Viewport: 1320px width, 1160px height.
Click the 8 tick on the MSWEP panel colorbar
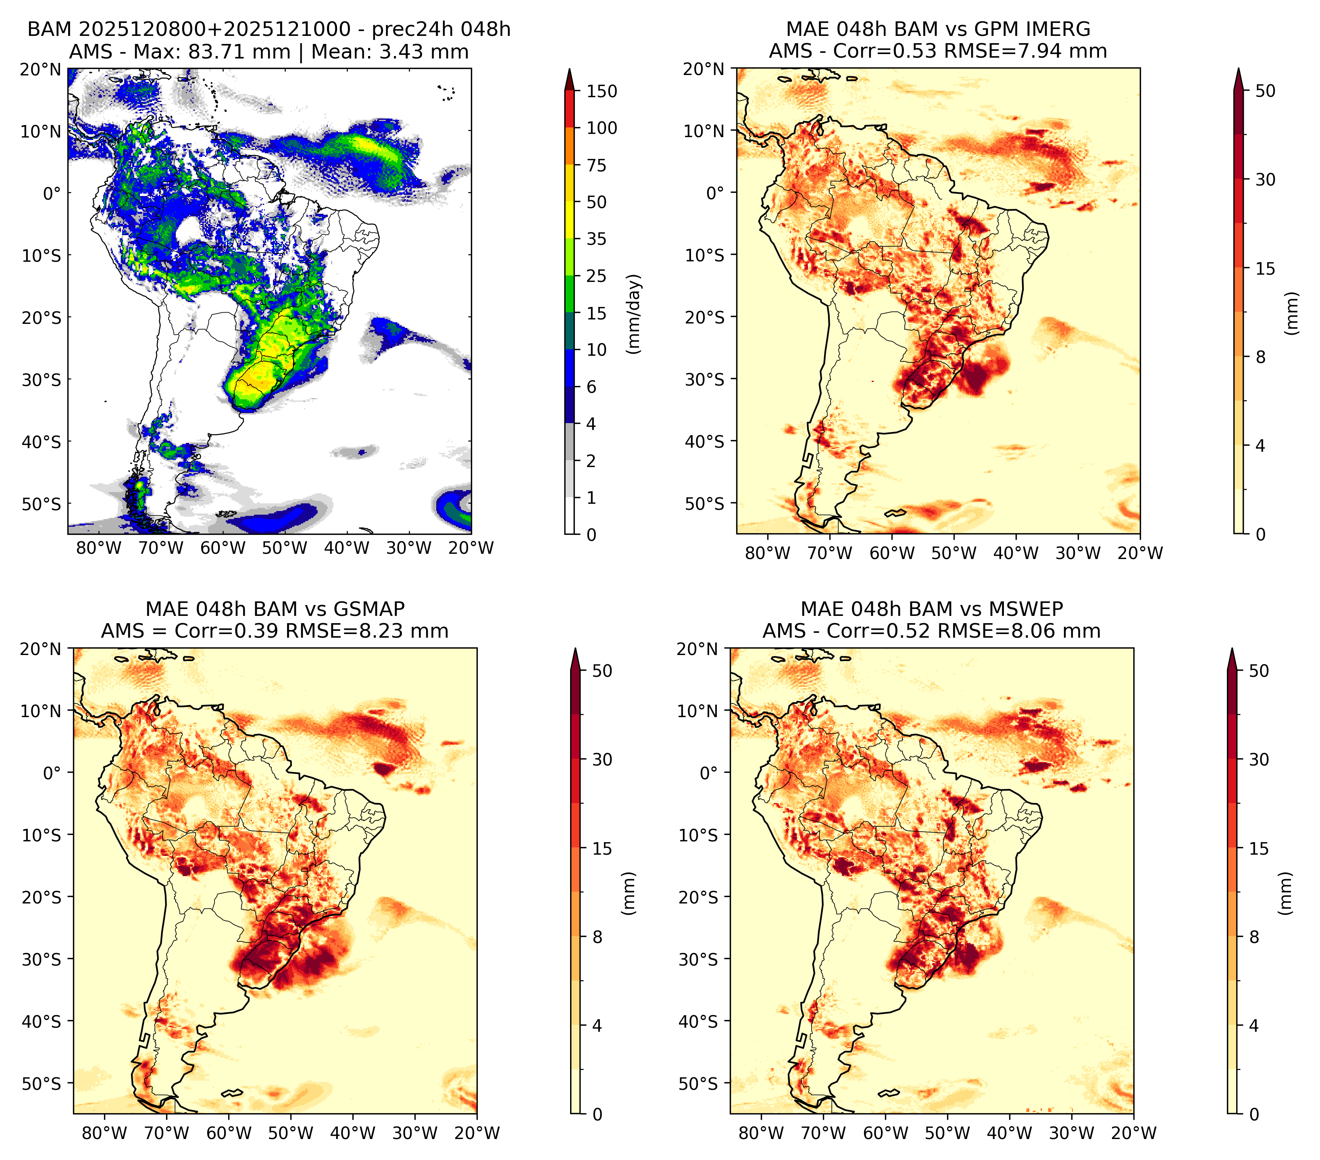(1254, 937)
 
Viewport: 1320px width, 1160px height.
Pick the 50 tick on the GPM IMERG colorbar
(1266, 91)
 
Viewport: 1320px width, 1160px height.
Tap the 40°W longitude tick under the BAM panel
(347, 548)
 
